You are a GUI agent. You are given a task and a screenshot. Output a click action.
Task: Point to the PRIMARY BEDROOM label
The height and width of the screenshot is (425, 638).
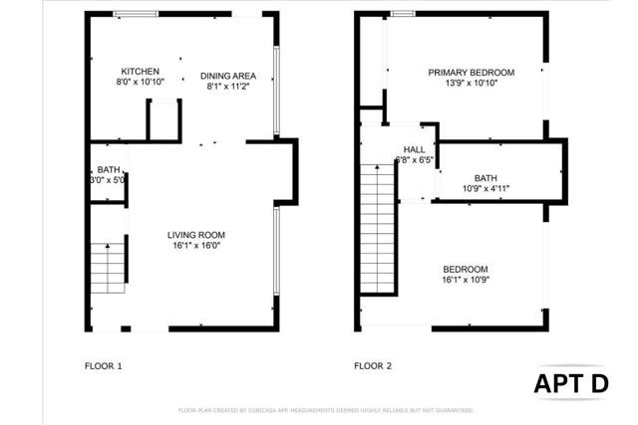pyautogui.click(x=471, y=73)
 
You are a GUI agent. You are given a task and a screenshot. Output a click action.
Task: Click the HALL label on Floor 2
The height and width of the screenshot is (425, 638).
pyautogui.click(x=414, y=149)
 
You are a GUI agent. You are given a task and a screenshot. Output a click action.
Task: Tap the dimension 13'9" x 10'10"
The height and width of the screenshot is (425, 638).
pyautogui.click(x=471, y=84)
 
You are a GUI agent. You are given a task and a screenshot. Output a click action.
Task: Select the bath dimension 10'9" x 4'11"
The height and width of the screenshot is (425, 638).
pyautogui.click(x=485, y=188)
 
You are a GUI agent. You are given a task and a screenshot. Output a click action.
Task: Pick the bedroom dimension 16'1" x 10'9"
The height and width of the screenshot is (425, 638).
pyautogui.click(x=466, y=281)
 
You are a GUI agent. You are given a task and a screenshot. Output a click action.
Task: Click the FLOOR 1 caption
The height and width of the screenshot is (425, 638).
pyautogui.click(x=103, y=366)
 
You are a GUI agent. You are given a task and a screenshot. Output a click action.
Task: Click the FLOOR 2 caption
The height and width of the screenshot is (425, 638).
pyautogui.click(x=373, y=366)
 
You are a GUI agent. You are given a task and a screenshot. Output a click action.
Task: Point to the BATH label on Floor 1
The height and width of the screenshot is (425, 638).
pyautogui.click(x=108, y=170)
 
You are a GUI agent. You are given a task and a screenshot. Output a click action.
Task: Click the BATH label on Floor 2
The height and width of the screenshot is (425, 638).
pyautogui.click(x=485, y=177)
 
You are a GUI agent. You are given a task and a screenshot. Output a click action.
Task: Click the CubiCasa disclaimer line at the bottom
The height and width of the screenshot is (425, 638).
pyautogui.click(x=326, y=410)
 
